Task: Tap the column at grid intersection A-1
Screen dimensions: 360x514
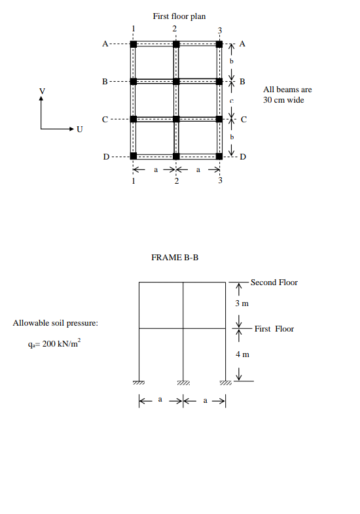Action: point(134,44)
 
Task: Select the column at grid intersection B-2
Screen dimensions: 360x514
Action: point(176,82)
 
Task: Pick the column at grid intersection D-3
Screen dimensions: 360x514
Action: point(220,156)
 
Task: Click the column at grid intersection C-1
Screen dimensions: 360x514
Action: point(134,119)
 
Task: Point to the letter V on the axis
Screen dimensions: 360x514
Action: point(42,90)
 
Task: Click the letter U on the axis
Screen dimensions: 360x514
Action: point(80,129)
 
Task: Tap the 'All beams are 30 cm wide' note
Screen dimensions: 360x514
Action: point(283,95)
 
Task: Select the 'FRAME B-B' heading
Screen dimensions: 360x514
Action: point(175,258)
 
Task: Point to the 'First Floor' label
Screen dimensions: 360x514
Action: point(274,328)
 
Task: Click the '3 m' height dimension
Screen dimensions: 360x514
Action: point(242,303)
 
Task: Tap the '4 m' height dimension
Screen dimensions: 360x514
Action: point(242,354)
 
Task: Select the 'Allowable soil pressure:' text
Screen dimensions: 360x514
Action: point(55,323)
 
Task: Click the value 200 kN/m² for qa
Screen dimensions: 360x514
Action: point(55,344)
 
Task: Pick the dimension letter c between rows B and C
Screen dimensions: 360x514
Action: point(231,101)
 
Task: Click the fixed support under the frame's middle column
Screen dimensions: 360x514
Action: point(183,383)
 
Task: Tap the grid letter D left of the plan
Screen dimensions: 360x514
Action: point(105,157)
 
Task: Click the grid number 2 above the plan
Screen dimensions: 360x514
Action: point(175,29)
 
